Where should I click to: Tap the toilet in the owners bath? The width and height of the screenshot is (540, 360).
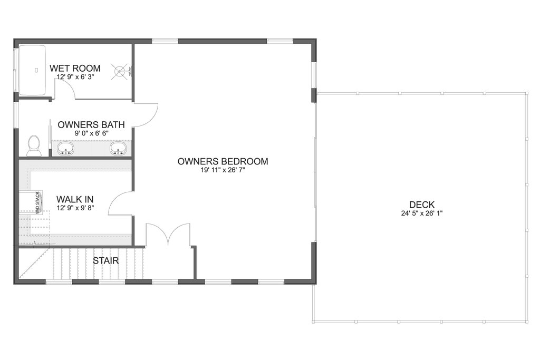(34, 145)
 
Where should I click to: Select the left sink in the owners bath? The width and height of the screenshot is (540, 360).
(66, 149)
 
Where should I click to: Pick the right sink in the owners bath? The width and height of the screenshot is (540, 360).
(118, 149)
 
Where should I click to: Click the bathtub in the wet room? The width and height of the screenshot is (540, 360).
(32, 69)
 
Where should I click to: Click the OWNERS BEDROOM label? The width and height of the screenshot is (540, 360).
(223, 161)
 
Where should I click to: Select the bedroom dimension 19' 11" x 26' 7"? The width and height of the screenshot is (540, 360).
(223, 170)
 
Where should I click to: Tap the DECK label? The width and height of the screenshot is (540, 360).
(421, 205)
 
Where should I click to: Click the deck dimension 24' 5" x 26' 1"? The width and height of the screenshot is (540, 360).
(421, 213)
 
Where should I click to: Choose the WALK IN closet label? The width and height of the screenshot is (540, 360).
(75, 199)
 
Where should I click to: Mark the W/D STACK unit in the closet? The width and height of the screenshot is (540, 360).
(37, 202)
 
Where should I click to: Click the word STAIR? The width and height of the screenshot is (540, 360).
(106, 260)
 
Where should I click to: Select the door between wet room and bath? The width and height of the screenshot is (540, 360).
(66, 90)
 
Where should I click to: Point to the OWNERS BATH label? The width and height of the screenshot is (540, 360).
(91, 125)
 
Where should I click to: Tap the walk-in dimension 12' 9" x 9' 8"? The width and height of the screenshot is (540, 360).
(75, 208)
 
